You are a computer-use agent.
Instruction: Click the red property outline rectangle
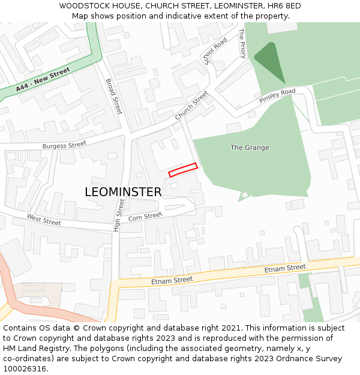coord(183,170)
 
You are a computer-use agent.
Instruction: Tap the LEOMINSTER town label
coord(123,192)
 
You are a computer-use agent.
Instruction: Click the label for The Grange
coord(250,148)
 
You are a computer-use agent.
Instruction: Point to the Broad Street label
coord(114,97)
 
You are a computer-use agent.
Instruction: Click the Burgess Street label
coord(64,145)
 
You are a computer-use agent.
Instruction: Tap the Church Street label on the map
coord(191,105)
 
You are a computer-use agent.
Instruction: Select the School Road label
coord(215,50)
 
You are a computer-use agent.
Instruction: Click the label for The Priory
coord(242,43)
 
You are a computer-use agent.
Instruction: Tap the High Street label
coord(118,216)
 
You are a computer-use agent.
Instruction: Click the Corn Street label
coord(145,216)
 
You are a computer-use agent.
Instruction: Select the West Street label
coord(44,220)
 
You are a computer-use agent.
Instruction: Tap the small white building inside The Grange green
coord(244,195)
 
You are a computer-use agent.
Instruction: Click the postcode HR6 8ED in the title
coord(284,6)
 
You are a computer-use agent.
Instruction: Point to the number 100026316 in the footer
coord(25,369)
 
